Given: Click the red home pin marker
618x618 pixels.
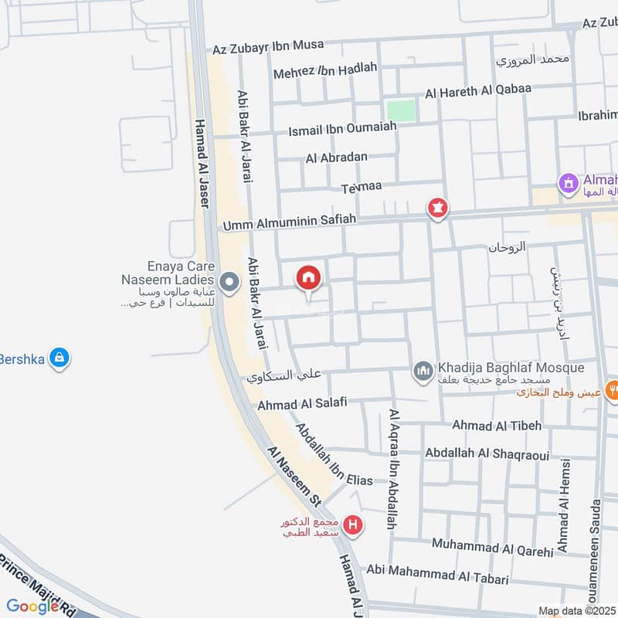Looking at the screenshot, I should [308, 278].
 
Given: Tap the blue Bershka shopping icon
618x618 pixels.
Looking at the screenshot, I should [59, 358].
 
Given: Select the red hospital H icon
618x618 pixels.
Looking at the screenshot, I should [354, 526].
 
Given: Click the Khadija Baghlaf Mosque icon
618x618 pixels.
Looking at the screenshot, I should [423, 372].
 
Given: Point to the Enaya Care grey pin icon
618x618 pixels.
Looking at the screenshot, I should [229, 283].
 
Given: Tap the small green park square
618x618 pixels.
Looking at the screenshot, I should [401, 110].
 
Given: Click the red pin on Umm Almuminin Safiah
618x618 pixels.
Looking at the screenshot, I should [438, 208].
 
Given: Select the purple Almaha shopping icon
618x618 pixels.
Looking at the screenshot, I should [569, 184].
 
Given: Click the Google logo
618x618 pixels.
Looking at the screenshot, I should [32, 606].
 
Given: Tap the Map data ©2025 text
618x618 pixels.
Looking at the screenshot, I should [577, 611].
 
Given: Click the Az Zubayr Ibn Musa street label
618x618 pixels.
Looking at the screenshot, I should [269, 46].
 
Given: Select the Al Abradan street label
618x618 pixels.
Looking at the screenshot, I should [337, 158].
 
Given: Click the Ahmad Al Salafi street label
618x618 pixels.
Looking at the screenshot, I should [303, 403].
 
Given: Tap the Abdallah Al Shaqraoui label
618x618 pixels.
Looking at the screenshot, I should [487, 453].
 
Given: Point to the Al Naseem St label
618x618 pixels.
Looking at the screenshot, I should [294, 476].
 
